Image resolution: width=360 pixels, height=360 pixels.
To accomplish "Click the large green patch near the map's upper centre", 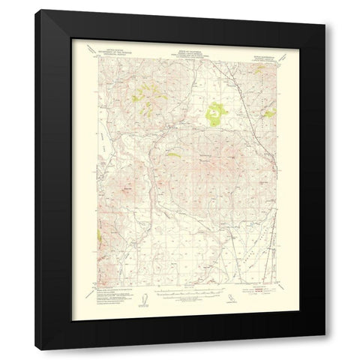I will pyautogui.click(x=215, y=115).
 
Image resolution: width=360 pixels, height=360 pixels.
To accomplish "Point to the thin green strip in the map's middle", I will pyautogui.click(x=173, y=155).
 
